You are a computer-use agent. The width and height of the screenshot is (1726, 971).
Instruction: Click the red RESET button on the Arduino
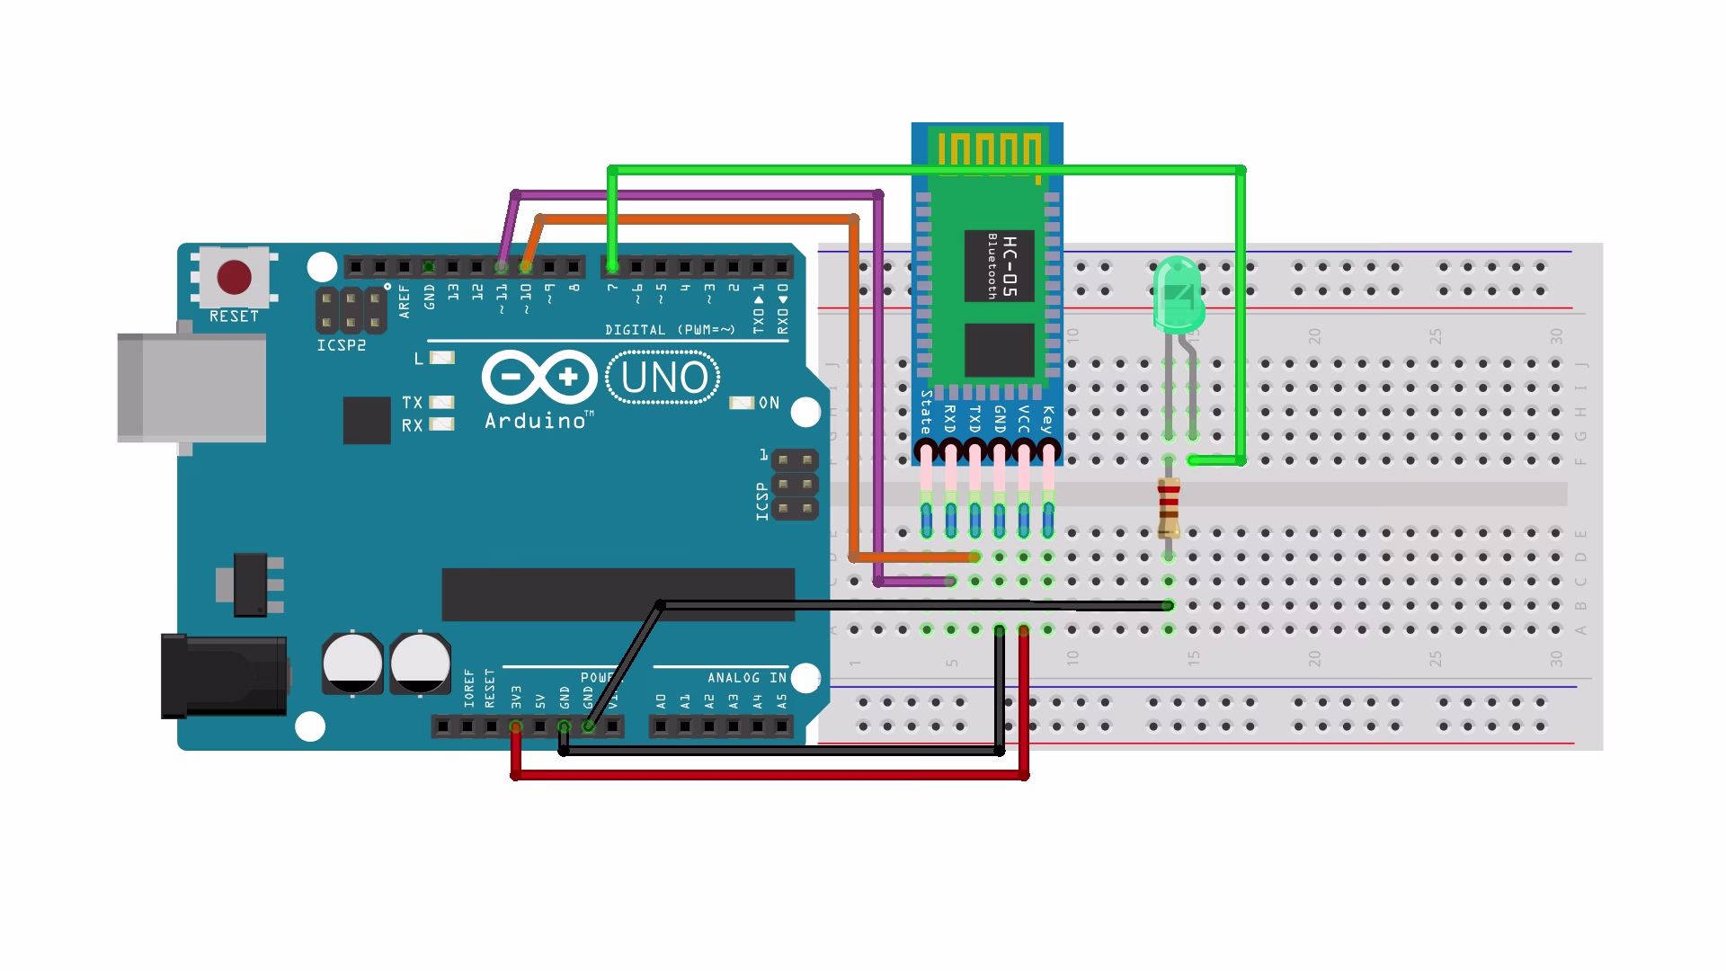click(x=234, y=278)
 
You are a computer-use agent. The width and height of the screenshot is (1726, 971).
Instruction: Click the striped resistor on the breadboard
click(x=1168, y=508)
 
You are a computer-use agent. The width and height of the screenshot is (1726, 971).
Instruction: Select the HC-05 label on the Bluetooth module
click(x=1010, y=265)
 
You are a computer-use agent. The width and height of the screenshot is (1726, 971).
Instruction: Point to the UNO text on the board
click(x=663, y=379)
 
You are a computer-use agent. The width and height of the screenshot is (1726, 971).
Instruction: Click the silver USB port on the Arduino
click(x=191, y=388)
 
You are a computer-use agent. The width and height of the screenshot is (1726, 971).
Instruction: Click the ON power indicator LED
click(x=742, y=403)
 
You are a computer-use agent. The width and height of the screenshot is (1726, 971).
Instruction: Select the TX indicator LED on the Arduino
click(x=441, y=403)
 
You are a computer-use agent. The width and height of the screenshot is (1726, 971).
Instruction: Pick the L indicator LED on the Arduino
click(x=441, y=358)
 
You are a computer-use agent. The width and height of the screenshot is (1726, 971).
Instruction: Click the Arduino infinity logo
click(x=539, y=378)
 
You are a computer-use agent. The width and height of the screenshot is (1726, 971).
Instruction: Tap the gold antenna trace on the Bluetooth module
click(x=989, y=149)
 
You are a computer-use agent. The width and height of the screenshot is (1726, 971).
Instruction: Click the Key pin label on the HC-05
click(x=1046, y=420)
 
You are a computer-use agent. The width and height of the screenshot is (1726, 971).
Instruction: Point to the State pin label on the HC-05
click(x=926, y=413)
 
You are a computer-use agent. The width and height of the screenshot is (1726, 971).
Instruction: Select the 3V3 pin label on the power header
click(x=516, y=698)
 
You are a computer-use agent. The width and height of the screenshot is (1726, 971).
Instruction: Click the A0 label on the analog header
click(x=662, y=700)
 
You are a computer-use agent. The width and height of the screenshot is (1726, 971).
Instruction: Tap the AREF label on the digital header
click(x=405, y=302)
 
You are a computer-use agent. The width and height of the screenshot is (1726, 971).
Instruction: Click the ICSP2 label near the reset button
click(x=342, y=346)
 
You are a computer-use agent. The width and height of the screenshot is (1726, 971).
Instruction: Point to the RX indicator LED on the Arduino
click(x=441, y=424)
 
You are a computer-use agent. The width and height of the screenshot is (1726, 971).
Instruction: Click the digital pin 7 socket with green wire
click(x=612, y=267)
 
